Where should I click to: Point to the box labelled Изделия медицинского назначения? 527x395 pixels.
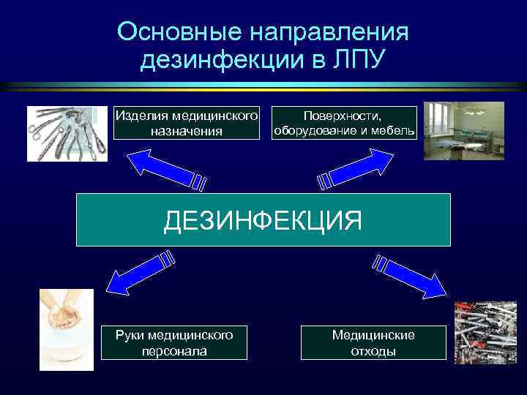(187, 123)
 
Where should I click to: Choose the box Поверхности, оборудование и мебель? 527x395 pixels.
(344, 123)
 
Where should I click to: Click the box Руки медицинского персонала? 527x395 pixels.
(174, 342)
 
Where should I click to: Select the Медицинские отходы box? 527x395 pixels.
(373, 342)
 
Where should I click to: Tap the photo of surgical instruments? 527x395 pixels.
(61, 133)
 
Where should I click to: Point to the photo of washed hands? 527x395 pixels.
(67, 329)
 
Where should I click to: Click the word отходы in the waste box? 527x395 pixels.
(373, 351)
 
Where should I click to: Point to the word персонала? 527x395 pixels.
(174, 351)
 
